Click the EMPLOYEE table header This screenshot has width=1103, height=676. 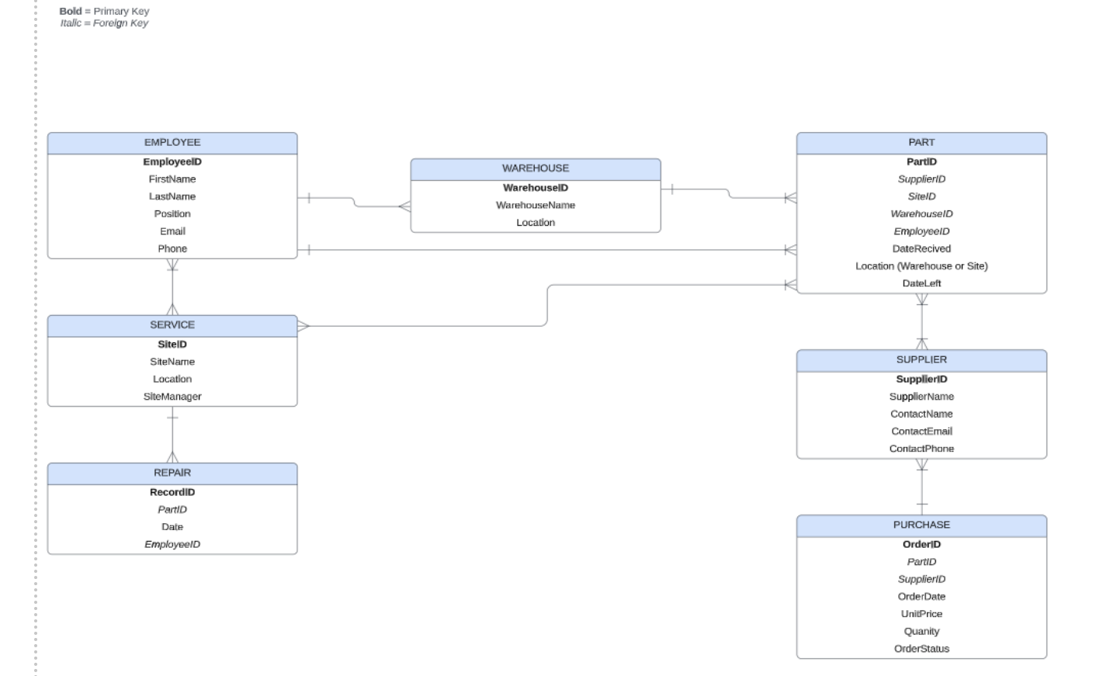pos(172,143)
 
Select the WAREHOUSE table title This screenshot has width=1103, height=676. pos(535,168)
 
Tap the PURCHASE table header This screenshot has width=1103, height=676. pos(921,525)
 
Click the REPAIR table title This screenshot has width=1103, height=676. pos(172,473)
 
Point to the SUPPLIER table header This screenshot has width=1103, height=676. pos(921,360)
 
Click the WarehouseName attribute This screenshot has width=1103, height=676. pos(535,205)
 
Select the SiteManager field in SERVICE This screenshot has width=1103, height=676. pos(172,397)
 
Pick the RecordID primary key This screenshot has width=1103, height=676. pos(172,492)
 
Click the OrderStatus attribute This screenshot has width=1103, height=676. pos(921,649)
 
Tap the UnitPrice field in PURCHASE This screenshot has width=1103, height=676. pos(921,614)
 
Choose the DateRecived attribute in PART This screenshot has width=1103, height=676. pos(921,249)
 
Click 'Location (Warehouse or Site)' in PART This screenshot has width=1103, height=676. pos(921,266)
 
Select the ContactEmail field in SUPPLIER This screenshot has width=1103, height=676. pos(921,432)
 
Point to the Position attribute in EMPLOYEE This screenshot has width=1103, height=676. pos(172,214)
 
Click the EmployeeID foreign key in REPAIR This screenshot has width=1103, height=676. pos(172,545)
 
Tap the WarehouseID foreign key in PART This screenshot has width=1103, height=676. pos(921,214)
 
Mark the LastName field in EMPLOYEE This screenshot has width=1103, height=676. pos(172,196)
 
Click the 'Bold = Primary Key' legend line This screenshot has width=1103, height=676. pos(104,12)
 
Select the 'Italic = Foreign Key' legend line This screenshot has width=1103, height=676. pos(104,23)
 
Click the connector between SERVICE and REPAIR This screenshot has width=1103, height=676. pos(172,435)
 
